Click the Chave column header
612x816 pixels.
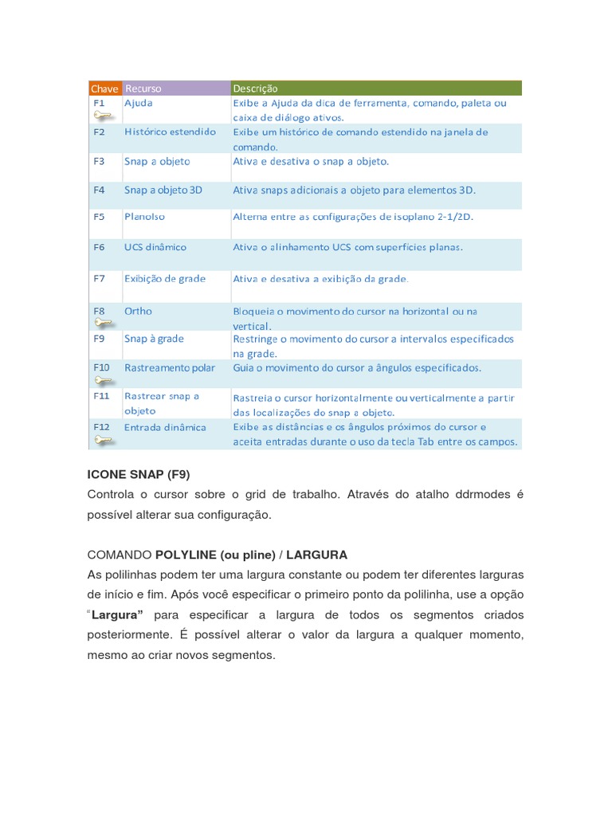[104, 88]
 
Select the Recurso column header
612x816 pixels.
[143, 88]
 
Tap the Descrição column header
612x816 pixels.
[255, 88]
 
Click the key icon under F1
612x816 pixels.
[104, 116]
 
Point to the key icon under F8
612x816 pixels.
[104, 323]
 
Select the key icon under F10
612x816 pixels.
[104, 380]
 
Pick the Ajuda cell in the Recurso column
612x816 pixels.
[139, 103]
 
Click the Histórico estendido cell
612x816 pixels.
[170, 131]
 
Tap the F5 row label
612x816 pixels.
[99, 216]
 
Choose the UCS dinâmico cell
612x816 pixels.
[155, 247]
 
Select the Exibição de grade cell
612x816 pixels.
[165, 278]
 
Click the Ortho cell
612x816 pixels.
[138, 311]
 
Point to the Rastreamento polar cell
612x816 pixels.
[170, 368]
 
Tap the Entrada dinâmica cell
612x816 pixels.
[165, 427]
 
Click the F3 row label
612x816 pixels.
[99, 161]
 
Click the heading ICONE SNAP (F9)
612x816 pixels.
[139, 475]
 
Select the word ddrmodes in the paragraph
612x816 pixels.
[477, 495]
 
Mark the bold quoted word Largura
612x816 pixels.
[117, 615]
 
